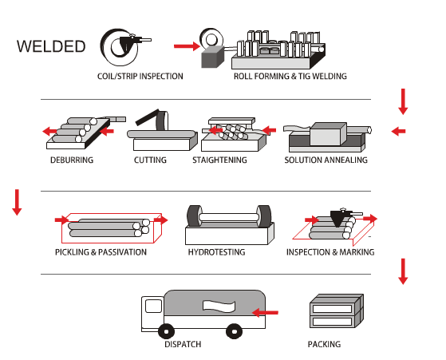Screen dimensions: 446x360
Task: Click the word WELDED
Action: (x=51, y=46)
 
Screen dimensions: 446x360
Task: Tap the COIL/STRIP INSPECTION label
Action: (x=140, y=77)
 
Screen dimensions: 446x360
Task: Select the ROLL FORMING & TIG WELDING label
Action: (x=290, y=77)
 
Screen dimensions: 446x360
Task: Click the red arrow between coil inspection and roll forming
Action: (x=187, y=46)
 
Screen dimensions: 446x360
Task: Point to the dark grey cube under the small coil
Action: (x=212, y=57)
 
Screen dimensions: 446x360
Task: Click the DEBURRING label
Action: (x=72, y=160)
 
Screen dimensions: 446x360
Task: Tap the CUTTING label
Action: (x=150, y=160)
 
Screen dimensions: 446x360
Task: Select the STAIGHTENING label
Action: (x=219, y=160)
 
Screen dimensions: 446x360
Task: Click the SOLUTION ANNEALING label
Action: (x=326, y=160)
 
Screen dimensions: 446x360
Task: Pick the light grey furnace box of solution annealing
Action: (x=328, y=134)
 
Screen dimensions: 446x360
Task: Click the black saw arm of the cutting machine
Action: (x=147, y=117)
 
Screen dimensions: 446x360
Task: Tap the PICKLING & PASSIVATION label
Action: (x=101, y=252)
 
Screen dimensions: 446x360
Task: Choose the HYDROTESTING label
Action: (x=216, y=252)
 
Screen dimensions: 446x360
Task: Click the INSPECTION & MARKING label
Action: (x=330, y=252)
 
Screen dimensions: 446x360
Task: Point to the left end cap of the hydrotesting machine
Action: (x=194, y=216)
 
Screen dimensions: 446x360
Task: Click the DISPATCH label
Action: (x=183, y=344)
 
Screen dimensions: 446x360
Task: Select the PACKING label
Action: (x=324, y=344)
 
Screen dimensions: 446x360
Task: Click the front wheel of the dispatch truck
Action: (x=167, y=331)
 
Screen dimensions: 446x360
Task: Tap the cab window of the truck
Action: (x=154, y=307)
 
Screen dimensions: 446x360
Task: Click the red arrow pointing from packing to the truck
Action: (x=265, y=312)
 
